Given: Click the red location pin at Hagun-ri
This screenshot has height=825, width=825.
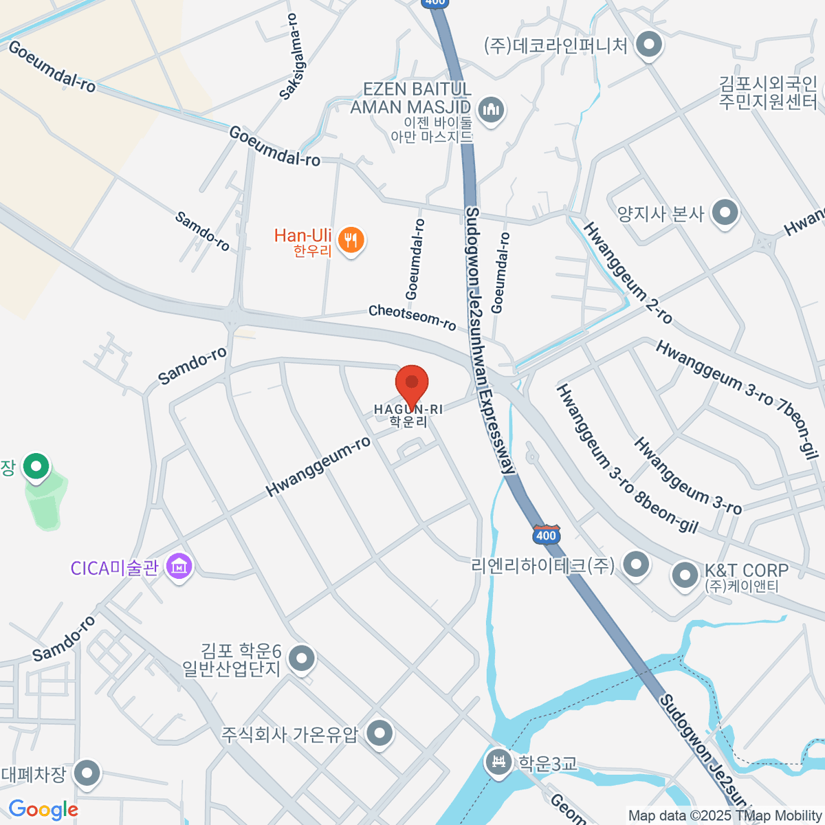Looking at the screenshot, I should tap(412, 384).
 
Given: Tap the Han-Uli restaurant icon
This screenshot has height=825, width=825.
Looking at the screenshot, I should tap(351, 240).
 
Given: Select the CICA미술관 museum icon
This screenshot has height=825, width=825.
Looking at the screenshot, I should tap(179, 567).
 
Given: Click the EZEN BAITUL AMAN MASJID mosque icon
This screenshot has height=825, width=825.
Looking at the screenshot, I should tap(491, 109).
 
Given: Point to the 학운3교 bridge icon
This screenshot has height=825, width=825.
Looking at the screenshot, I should tap(498, 762).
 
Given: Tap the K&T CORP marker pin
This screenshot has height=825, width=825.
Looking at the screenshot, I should tap(685, 575).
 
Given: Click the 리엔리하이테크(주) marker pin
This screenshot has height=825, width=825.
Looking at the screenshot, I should tap(636, 565).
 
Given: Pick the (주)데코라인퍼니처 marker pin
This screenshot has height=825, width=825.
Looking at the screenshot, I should tap(648, 45).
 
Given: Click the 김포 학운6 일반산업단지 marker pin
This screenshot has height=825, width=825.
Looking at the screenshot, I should tap(301, 658).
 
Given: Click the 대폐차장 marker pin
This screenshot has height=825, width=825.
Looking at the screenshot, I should tap(87, 773).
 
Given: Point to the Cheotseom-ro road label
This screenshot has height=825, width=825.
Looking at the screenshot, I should tap(412, 316).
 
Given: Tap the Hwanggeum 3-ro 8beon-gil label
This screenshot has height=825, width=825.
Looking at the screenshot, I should tap(625, 459).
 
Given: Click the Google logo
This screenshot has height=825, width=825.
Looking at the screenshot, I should tap(43, 810).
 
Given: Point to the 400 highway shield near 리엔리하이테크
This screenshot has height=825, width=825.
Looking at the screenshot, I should tap(546, 534).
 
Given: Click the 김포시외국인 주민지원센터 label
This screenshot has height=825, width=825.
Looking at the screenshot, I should tap(769, 93).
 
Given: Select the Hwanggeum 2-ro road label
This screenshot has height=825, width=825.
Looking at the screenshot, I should tap(627, 272).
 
